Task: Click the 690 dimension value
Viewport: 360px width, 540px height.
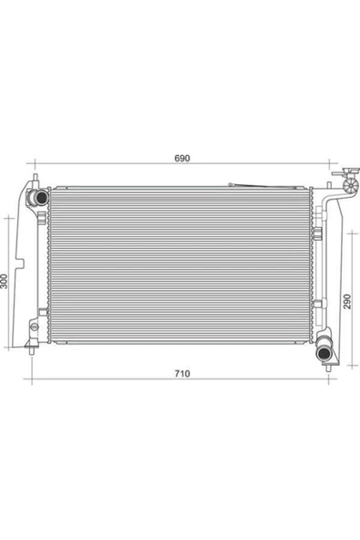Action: click(182, 159)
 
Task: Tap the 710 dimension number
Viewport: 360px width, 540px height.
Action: click(182, 374)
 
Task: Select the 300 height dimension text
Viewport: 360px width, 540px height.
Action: click(4, 281)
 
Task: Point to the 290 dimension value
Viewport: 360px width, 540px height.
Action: click(347, 301)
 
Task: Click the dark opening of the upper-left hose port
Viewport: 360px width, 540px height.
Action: click(42, 197)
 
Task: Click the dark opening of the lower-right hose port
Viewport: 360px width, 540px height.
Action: click(324, 353)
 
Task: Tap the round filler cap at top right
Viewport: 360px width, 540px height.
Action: click(350, 185)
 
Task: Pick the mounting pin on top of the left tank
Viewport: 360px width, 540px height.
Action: click(35, 179)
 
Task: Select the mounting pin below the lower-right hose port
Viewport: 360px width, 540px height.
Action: click(328, 369)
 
